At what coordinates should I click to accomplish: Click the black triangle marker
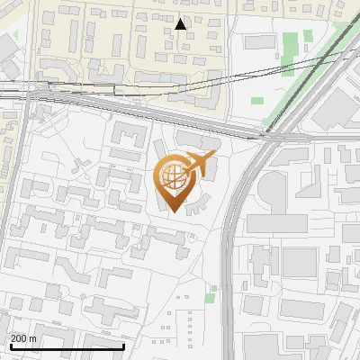[182, 23]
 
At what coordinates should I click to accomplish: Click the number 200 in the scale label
[19, 338]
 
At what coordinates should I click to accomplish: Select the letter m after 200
[33, 338]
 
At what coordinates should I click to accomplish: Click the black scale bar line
[67, 346]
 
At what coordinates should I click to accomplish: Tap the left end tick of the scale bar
[10, 346]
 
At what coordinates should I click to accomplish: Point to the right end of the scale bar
[123, 346]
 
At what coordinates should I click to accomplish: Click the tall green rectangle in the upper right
[289, 46]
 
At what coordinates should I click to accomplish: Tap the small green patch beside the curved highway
[211, 293]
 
